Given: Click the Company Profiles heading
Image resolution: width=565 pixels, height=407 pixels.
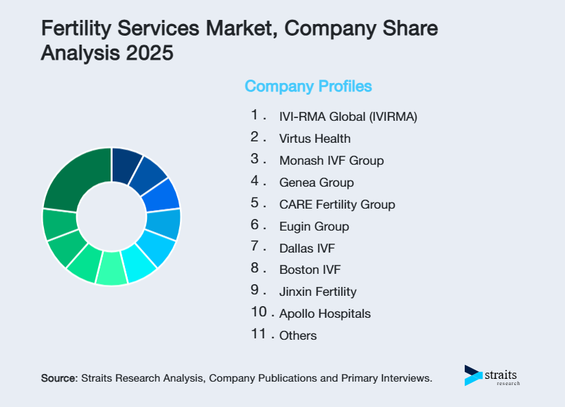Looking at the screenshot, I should [x=308, y=86].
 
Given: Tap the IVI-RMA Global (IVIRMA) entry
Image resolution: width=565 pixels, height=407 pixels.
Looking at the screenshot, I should [x=348, y=117].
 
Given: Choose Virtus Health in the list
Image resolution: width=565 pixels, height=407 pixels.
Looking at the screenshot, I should [x=314, y=139].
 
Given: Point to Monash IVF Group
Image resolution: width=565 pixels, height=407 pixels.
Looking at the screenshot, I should [x=331, y=161].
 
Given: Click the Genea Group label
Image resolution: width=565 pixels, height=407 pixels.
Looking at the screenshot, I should [x=316, y=183].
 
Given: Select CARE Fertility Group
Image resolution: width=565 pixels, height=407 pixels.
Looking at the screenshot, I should [x=337, y=205].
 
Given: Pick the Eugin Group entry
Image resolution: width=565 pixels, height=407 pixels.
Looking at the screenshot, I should [x=314, y=226].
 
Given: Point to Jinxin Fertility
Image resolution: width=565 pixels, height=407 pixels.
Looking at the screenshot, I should [x=318, y=292].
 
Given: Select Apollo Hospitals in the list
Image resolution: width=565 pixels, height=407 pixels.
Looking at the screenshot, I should [x=325, y=314].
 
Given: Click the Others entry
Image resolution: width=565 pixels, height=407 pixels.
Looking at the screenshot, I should [x=298, y=336].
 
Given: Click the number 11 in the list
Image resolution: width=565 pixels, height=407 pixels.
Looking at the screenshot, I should [x=258, y=334].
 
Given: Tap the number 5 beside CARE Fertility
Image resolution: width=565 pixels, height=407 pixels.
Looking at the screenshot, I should [x=255, y=202].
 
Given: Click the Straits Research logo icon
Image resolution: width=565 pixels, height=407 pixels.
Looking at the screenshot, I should [x=473, y=375].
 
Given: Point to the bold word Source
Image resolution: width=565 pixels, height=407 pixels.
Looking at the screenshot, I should [x=60, y=377].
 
